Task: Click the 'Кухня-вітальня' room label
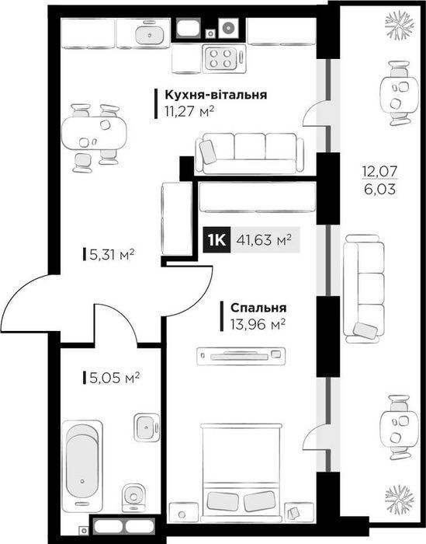coord(215,95)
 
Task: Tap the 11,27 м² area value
coord(189,111)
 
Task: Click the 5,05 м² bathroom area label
coord(111,378)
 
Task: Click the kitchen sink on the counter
coord(145,34)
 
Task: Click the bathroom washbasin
coord(145,425)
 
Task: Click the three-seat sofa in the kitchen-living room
coord(249,152)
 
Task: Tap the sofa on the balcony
coord(363,288)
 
